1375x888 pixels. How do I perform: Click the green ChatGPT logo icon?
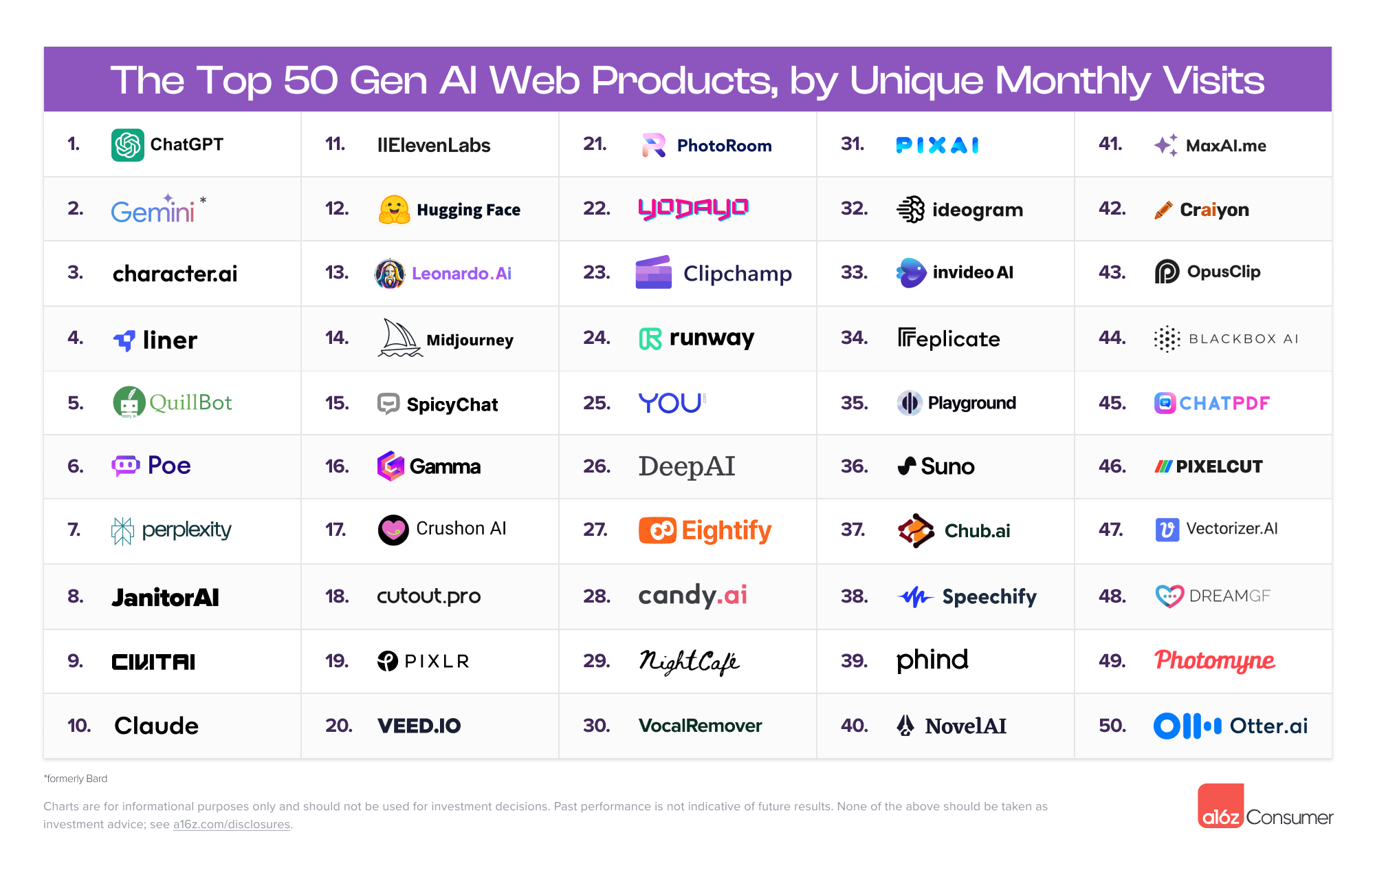point(128,145)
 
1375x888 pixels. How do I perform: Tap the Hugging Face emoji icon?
point(394,210)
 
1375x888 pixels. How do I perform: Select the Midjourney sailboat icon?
point(399,338)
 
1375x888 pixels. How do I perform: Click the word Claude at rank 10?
point(156,726)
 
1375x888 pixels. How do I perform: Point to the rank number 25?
point(596,403)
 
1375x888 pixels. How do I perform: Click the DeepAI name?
point(686,466)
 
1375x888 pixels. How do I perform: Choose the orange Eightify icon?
point(657,530)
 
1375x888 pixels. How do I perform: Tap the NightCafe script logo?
point(689,662)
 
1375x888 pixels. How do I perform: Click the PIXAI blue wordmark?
point(937,145)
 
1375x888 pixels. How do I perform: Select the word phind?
point(932,660)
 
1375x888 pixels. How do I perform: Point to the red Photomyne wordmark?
point(1214,660)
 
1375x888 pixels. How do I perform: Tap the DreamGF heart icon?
point(1169,596)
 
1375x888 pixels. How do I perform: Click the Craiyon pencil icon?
point(1163,210)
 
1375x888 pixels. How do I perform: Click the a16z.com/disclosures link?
point(231,824)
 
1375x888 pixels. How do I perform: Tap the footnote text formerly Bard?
point(76,779)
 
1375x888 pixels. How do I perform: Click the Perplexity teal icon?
point(122,530)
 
